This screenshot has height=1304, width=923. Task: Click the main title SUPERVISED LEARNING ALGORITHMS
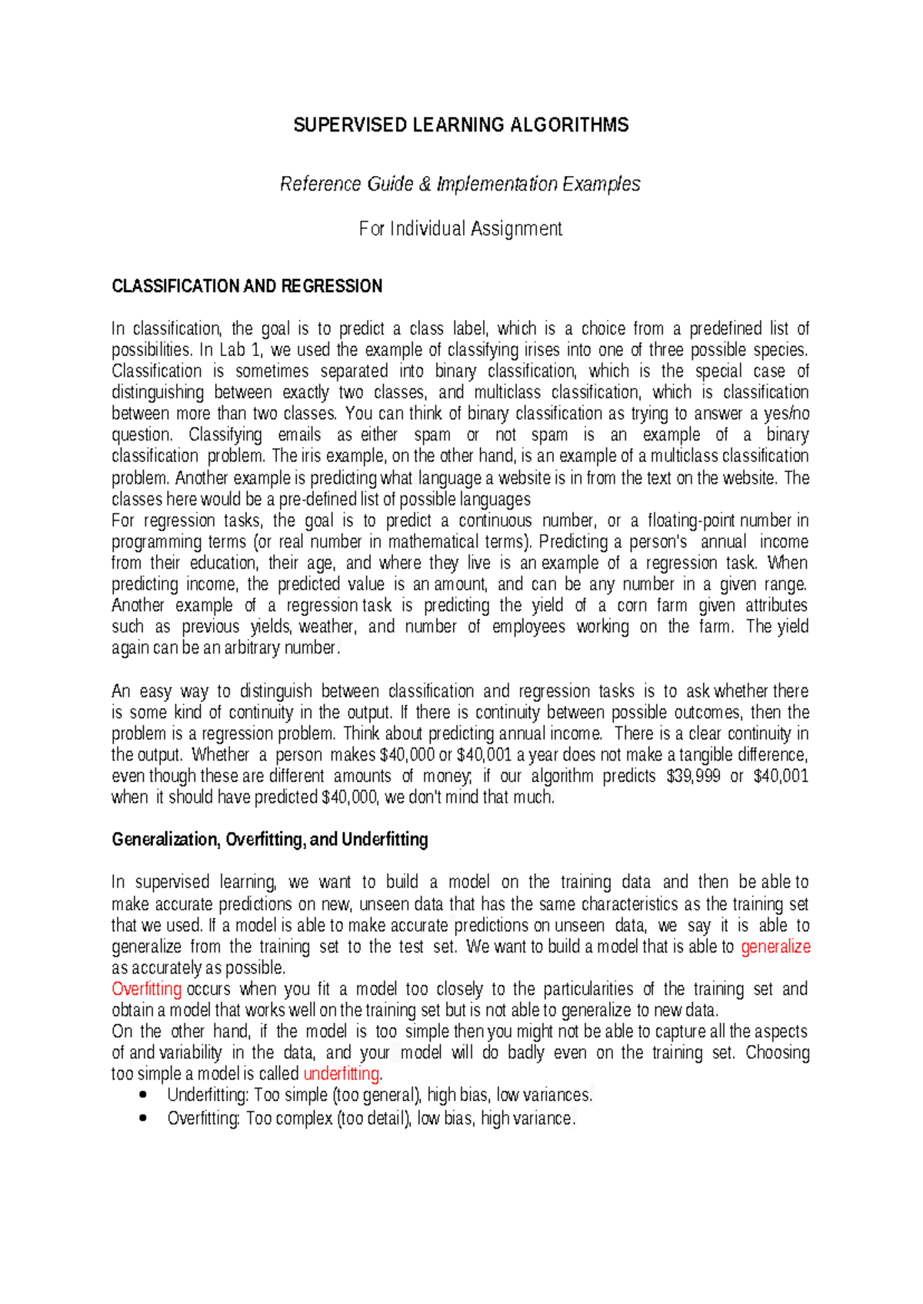(x=461, y=125)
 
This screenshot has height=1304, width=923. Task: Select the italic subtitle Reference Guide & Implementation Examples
(x=460, y=185)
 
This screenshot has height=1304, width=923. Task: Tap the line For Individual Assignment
(x=460, y=228)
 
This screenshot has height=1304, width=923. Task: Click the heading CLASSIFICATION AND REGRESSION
(x=247, y=287)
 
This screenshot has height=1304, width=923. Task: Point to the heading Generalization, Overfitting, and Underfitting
(x=269, y=840)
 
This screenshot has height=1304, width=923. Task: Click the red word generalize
(x=775, y=946)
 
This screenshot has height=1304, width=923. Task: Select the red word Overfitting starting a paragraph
(x=146, y=989)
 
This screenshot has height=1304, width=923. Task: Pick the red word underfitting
(x=342, y=1073)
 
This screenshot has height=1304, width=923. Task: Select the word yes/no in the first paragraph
(x=786, y=414)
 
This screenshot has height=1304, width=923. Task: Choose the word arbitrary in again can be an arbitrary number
(x=252, y=648)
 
